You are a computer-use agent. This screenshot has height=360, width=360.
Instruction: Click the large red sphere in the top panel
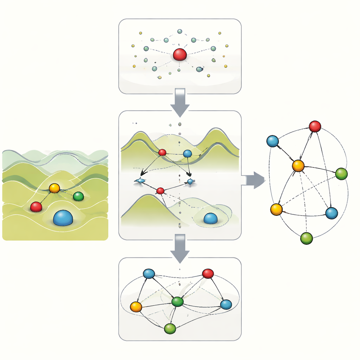[x=180, y=54]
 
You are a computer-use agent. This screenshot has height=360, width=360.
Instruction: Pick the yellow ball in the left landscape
[x=54, y=188]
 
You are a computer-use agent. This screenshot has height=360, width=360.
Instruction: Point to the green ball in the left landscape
[x=78, y=196]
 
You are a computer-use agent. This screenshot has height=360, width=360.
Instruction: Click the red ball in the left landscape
[x=36, y=207]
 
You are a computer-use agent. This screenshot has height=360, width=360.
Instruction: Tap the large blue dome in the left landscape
[x=63, y=218]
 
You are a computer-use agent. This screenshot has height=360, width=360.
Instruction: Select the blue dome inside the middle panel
[x=210, y=218]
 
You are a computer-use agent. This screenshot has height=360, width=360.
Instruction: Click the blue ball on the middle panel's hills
[x=187, y=153]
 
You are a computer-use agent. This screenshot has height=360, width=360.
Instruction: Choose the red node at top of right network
[x=315, y=126]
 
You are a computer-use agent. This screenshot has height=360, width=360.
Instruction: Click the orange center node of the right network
[x=298, y=166]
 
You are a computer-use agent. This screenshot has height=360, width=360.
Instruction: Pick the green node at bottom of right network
[x=307, y=238]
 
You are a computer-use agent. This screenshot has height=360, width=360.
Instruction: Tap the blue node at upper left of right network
[x=272, y=141]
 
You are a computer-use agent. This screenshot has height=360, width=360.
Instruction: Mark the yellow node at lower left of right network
[x=276, y=209]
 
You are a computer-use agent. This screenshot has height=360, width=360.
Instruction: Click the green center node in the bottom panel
[x=178, y=301]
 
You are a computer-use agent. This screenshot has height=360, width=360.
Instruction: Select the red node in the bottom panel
[x=208, y=274]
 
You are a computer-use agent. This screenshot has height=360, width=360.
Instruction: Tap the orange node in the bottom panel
[x=136, y=307]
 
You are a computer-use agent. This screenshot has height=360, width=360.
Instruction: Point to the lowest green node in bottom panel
[x=170, y=328]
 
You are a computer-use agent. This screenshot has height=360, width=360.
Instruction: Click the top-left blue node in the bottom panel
[x=149, y=274]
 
